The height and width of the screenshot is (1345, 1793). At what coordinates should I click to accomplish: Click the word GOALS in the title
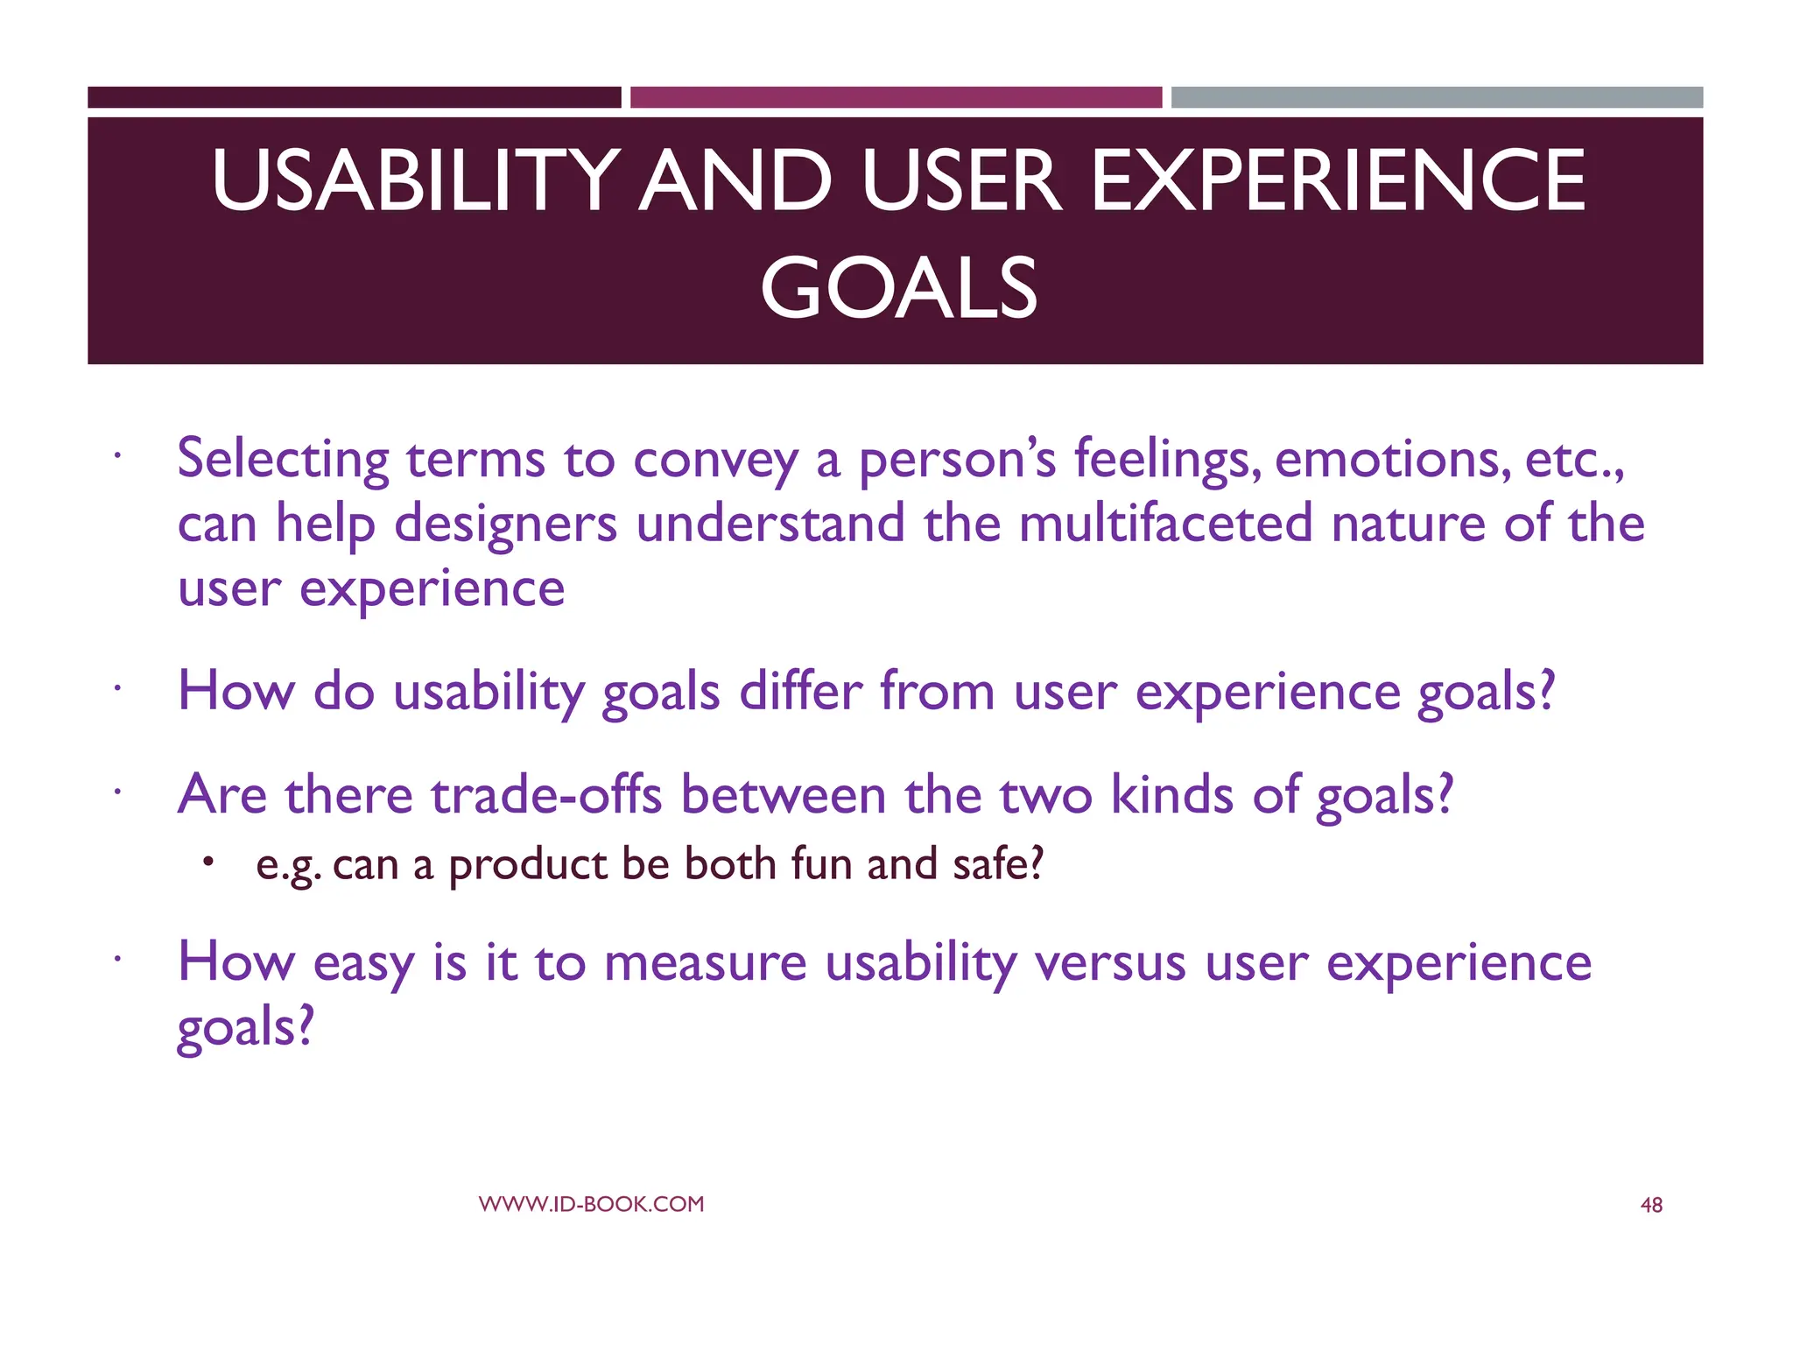[898, 288]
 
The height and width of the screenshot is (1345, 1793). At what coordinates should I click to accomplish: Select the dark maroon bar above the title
[354, 97]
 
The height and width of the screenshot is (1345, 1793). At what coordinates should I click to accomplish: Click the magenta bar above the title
[896, 97]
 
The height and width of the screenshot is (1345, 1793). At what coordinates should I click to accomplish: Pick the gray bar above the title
[1437, 97]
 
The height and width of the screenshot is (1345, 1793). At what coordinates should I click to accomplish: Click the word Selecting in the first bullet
[283, 459]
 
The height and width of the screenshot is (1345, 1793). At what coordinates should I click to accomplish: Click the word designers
[505, 523]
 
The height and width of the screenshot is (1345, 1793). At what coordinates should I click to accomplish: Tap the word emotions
[1392, 459]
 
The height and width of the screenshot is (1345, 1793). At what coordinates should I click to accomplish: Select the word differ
[800, 691]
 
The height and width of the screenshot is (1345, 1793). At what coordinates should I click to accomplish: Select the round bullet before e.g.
[207, 863]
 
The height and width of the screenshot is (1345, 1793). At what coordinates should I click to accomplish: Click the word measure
[705, 962]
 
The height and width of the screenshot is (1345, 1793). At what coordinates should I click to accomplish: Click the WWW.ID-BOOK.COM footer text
[591, 1204]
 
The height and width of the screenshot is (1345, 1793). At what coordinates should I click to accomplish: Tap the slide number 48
[1650, 1206]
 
